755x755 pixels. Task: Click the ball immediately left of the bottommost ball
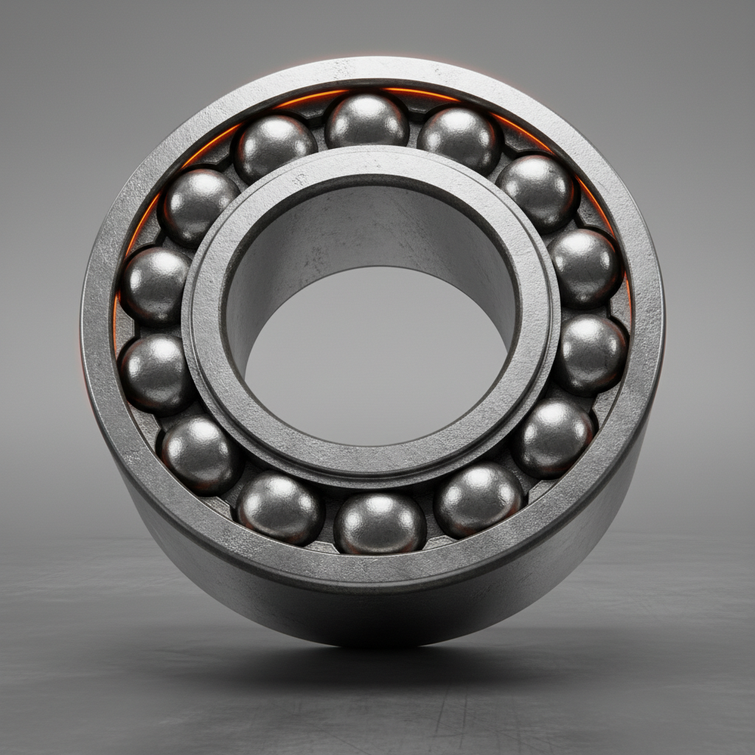(x=279, y=507)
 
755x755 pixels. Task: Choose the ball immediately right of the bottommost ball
(x=479, y=499)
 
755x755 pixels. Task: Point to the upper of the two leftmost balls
(x=155, y=285)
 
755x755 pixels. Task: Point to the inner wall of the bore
(x=369, y=221)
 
